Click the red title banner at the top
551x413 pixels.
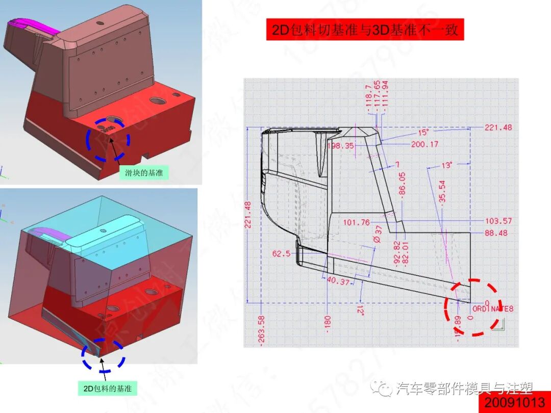365,30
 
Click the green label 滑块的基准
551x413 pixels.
143,173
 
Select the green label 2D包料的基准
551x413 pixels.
107,389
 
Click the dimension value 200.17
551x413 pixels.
424,144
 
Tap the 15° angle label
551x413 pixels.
424,132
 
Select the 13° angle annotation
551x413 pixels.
447,165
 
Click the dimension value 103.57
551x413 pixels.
498,221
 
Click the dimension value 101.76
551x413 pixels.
356,222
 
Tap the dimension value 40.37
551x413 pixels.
337,281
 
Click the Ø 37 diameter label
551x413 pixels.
378,234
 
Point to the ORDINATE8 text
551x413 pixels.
492,308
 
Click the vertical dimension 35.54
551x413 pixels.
442,192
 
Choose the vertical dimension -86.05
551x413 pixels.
402,184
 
